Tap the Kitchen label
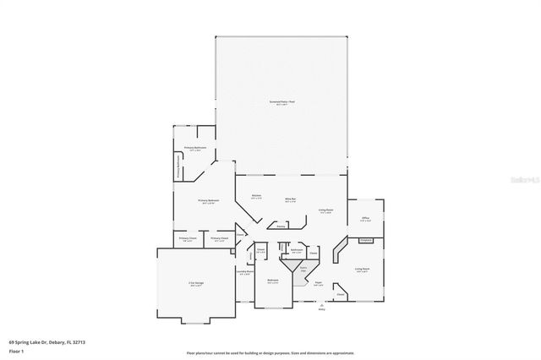(255, 197)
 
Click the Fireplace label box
(365, 241)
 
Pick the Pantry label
(281, 226)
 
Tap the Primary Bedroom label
(206, 201)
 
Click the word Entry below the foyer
(321, 309)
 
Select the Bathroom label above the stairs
(297, 250)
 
